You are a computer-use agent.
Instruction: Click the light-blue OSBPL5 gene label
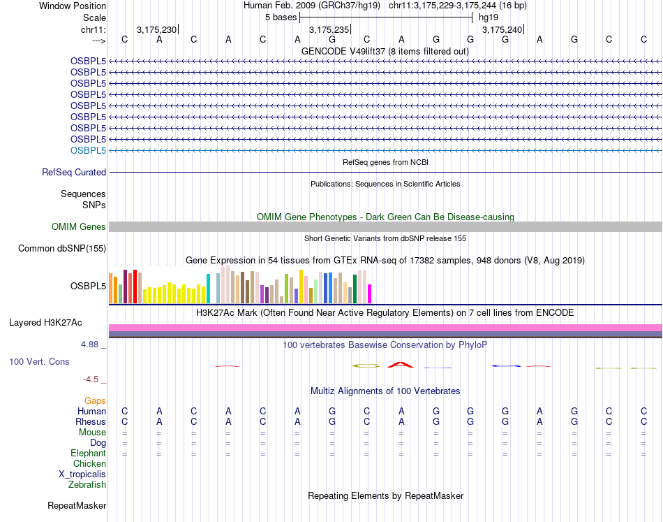tap(88, 150)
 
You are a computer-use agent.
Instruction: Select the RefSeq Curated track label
tap(74, 172)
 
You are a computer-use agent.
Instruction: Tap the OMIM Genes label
tap(79, 226)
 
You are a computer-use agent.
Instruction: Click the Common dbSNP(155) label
tap(62, 248)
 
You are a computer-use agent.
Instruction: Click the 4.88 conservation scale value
tap(92, 345)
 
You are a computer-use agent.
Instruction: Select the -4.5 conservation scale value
tap(93, 379)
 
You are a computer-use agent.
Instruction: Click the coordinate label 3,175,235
tap(329, 29)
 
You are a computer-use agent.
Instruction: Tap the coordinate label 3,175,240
tap(502, 29)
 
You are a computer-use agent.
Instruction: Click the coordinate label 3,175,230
tap(156, 29)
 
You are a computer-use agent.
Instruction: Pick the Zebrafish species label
tap(87, 484)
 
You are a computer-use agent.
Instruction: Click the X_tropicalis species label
tap(82, 474)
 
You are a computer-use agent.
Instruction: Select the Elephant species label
tap(88, 453)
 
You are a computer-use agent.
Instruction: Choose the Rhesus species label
tap(91, 421)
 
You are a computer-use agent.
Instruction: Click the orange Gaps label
tap(95, 400)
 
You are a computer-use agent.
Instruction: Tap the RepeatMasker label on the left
tap(77, 505)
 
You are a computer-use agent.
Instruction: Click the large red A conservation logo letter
tap(400, 364)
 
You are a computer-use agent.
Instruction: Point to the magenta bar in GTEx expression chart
tap(370, 293)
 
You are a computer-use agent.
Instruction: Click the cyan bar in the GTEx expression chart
tap(208, 289)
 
